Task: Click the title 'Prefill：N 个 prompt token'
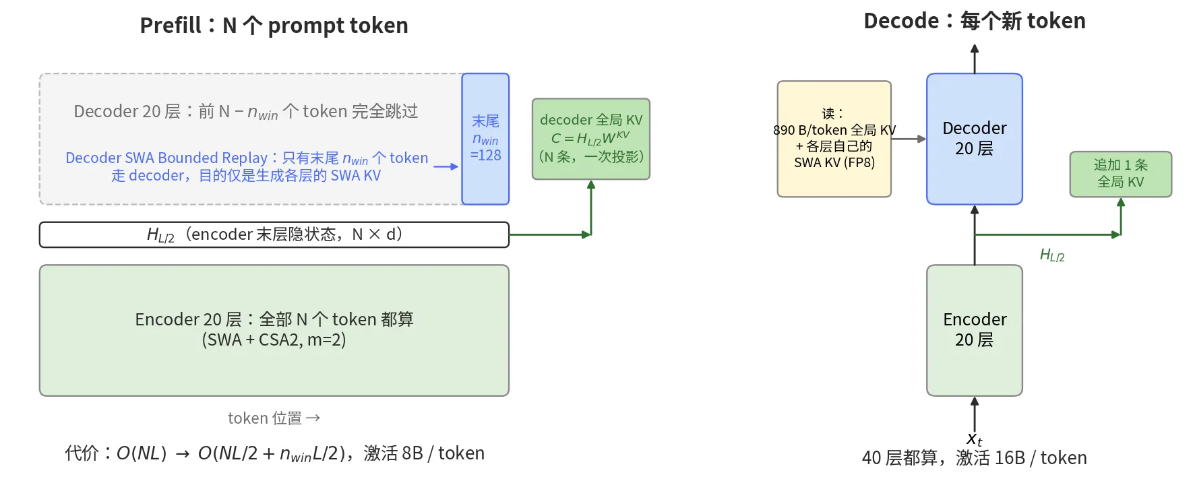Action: pyautogui.click(x=274, y=26)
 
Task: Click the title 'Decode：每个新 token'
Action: pyautogui.click(x=975, y=21)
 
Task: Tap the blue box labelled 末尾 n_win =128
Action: pyautogui.click(x=485, y=139)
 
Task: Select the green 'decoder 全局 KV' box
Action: pyautogui.click(x=591, y=139)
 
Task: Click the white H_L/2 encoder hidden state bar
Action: pyautogui.click(x=274, y=234)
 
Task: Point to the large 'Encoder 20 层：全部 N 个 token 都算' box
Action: pyautogui.click(x=274, y=330)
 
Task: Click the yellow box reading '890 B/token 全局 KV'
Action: pyautogui.click(x=834, y=139)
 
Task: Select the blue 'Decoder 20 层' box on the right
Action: pyautogui.click(x=975, y=139)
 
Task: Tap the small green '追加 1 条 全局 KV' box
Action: pyautogui.click(x=1121, y=174)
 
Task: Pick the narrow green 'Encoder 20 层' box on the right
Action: pyautogui.click(x=975, y=330)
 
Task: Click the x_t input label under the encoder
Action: pyautogui.click(x=975, y=439)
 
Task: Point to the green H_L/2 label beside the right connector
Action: pyautogui.click(x=1052, y=255)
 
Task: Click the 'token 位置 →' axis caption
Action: pyautogui.click(x=274, y=418)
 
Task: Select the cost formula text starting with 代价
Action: pyautogui.click(x=274, y=453)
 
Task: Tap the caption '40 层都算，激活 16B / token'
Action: pyautogui.click(x=975, y=458)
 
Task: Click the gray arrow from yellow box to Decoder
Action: pyautogui.click(x=909, y=139)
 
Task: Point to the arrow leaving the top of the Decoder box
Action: pyautogui.click(x=975, y=59)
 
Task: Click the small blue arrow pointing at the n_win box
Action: pyautogui.click(x=446, y=166)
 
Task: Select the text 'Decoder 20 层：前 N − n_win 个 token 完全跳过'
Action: pyautogui.click(x=246, y=111)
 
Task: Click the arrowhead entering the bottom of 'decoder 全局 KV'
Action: pyautogui.click(x=591, y=185)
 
